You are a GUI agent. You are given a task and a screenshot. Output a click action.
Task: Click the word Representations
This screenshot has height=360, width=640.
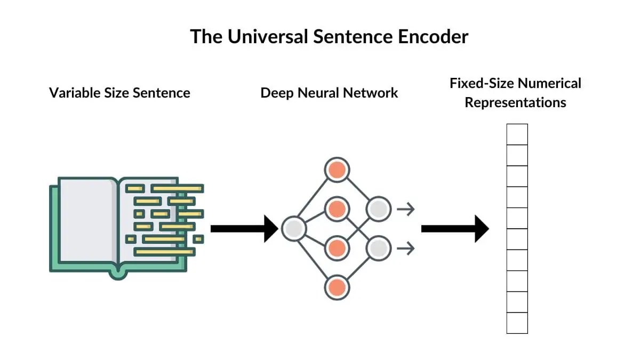coord(515,102)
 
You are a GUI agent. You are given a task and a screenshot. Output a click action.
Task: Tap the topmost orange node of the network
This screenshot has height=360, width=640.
coord(337,170)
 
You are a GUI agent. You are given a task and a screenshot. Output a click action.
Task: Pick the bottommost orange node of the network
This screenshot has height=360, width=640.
coord(337,287)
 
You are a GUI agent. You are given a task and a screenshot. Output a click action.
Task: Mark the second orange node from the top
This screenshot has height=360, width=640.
coord(337,209)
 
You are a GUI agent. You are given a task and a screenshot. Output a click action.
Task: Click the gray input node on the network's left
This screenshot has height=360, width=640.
coord(293,229)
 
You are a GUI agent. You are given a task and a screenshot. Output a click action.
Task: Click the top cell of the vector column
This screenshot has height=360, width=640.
coord(517,134)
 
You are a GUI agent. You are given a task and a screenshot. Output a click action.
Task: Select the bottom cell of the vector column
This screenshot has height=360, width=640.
coord(517,323)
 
